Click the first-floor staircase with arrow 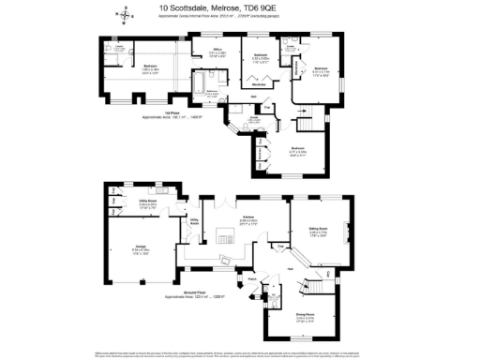click(307, 120)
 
